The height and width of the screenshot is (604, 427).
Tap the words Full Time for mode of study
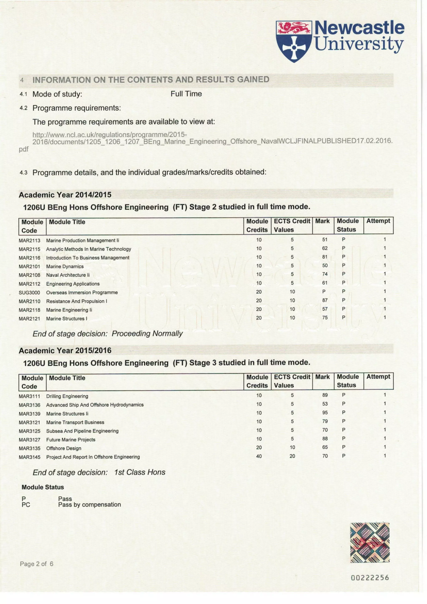(x=186, y=94)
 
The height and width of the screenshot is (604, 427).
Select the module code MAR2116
(x=29, y=258)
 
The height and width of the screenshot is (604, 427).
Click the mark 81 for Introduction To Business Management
(x=325, y=257)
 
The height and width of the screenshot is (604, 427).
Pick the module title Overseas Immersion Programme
(x=82, y=293)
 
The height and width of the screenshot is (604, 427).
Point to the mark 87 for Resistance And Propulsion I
(x=325, y=300)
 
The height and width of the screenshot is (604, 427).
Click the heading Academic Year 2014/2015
(x=65, y=195)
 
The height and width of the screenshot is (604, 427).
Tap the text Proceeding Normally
(x=147, y=334)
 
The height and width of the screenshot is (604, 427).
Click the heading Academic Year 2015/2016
(x=65, y=351)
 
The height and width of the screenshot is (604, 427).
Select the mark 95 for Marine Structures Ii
(x=325, y=412)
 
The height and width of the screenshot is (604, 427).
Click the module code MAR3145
(x=29, y=457)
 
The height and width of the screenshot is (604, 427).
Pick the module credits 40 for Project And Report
(x=259, y=456)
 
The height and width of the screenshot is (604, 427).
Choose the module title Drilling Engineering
(x=67, y=396)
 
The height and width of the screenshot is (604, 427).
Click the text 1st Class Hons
(x=140, y=472)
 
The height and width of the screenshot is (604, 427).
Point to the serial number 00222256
(x=370, y=578)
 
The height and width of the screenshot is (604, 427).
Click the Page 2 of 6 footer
(x=36, y=564)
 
